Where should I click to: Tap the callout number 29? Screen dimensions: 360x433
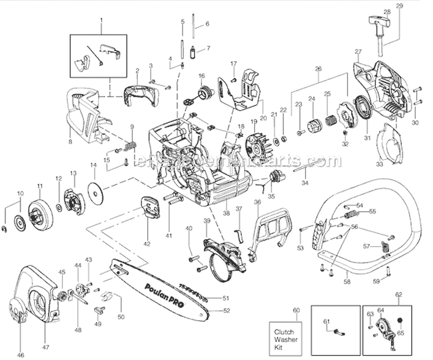pyautogui.click(x=400, y=6)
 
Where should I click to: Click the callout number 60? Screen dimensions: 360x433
pyautogui.click(x=297, y=310)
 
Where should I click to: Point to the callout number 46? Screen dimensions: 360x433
pyautogui.click(x=21, y=355)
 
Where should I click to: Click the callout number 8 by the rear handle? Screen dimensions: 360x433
pyautogui.click(x=70, y=141)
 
